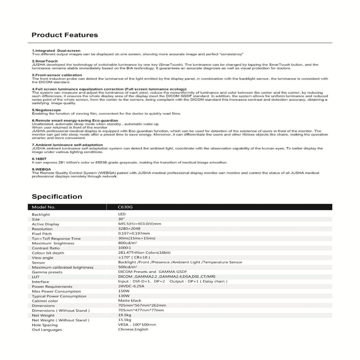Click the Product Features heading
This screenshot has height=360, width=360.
pyautogui.click(x=65, y=35)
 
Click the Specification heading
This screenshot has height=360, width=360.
pyautogui.click(x=57, y=197)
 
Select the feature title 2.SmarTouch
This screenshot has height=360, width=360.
pyautogui.click(x=45, y=61)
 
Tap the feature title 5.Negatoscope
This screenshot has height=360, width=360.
pyautogui.click(x=46, y=110)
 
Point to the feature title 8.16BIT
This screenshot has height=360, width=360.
pyautogui.click(x=40, y=159)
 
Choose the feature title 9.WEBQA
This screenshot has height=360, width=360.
pyautogui.click(x=41, y=169)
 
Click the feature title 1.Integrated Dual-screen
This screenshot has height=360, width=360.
pyautogui.click(x=56, y=51)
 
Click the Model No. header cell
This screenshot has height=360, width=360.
pyautogui.click(x=44, y=207)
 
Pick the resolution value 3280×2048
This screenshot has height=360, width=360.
pyautogui.click(x=129, y=229)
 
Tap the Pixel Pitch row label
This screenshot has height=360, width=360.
pyautogui.click(x=42, y=234)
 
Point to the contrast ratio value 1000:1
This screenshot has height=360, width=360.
pyautogui.click(x=125, y=248)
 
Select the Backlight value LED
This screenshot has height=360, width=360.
pyautogui.click(x=122, y=214)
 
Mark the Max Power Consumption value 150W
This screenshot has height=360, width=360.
pyautogui.click(x=124, y=291)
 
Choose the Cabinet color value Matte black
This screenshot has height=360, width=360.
pyautogui.click(x=130, y=301)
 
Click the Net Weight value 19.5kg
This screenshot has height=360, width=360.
pyautogui.click(x=125, y=315)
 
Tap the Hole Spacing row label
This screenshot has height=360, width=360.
pyautogui.click(x=45, y=325)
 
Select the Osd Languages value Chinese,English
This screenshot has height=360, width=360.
pyautogui.click(x=133, y=329)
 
